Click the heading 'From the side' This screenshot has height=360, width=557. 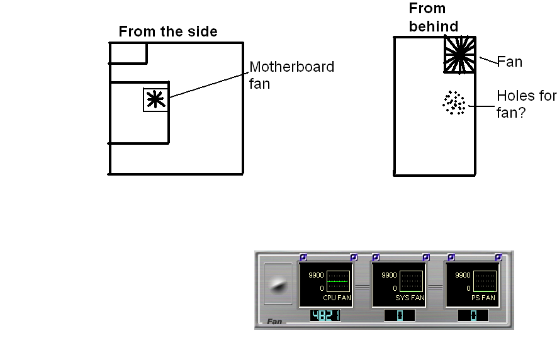[x=168, y=31]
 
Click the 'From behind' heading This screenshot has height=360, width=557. [x=433, y=17]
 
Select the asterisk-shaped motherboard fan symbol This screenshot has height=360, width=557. [x=155, y=99]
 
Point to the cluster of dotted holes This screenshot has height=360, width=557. [x=453, y=103]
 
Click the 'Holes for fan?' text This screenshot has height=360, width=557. [x=526, y=104]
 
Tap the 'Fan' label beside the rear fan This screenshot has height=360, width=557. [x=510, y=62]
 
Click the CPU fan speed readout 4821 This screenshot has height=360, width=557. [x=325, y=315]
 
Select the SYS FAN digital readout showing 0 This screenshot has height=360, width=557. [x=399, y=315]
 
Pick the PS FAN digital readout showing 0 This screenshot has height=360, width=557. [x=473, y=315]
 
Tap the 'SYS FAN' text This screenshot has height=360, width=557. [x=410, y=298]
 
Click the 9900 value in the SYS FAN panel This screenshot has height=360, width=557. [x=389, y=276]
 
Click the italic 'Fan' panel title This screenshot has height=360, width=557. [x=274, y=322]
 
